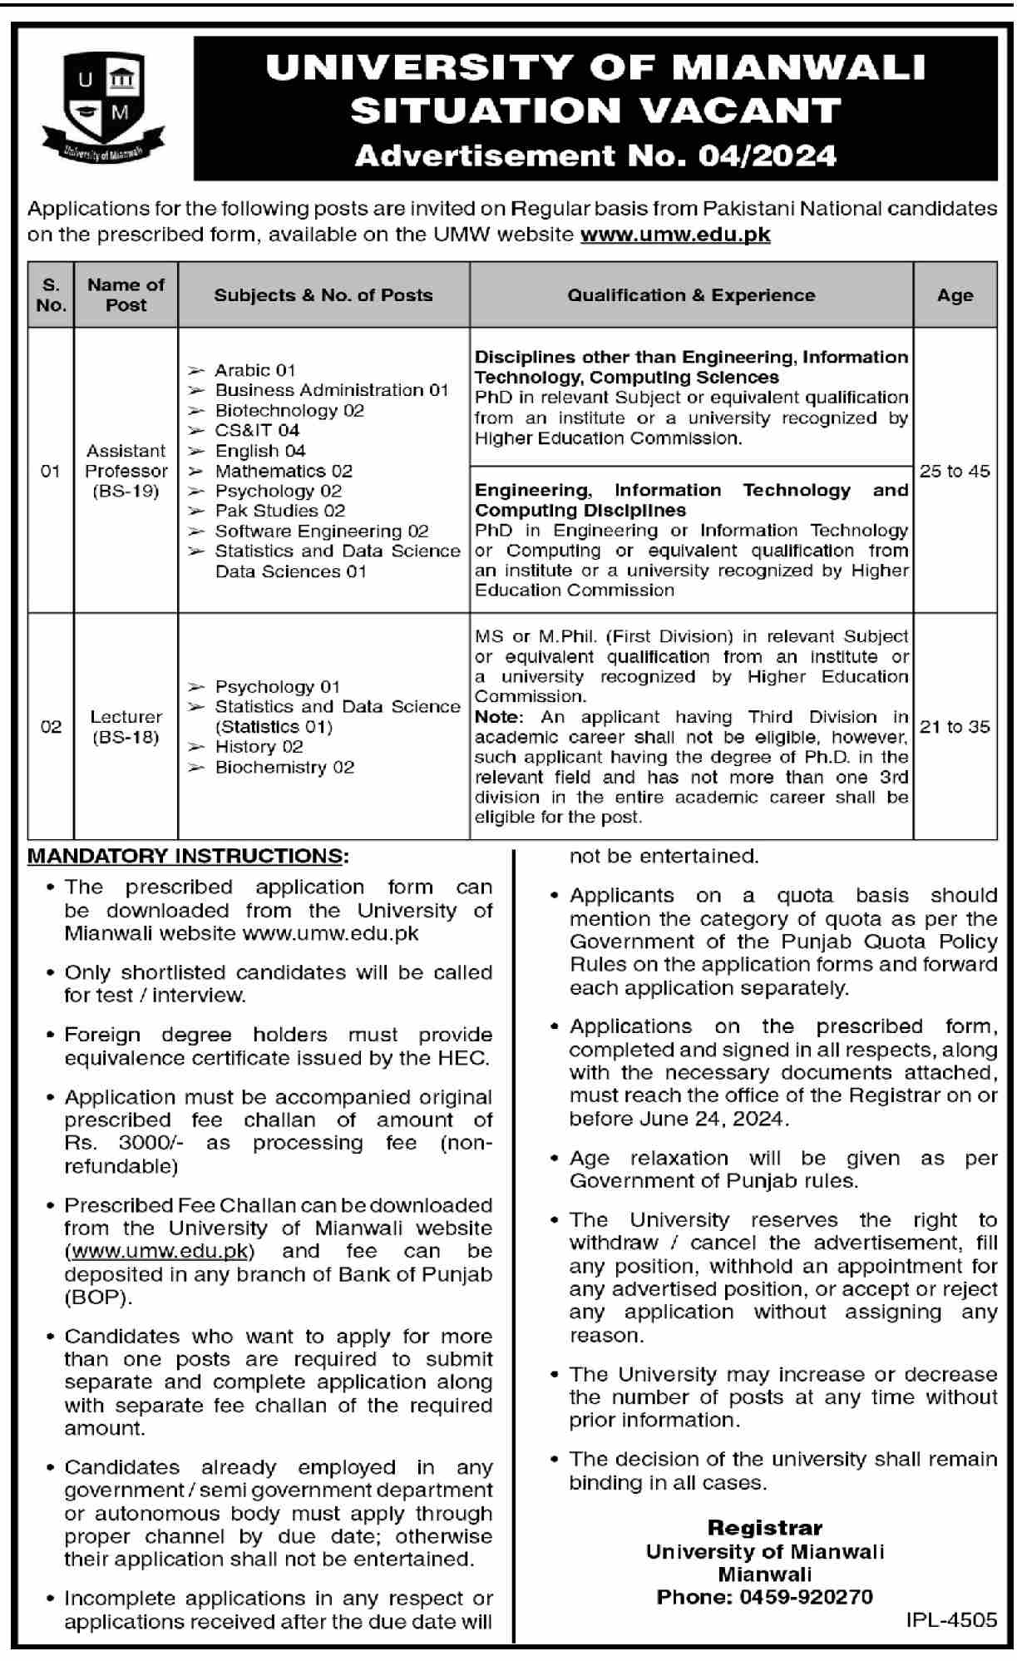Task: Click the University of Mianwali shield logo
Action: (x=102, y=104)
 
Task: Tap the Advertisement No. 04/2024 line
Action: (x=595, y=156)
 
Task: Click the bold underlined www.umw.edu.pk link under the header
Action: (x=675, y=235)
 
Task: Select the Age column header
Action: (x=955, y=295)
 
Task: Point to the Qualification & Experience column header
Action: (x=691, y=295)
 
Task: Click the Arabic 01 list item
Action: (x=254, y=370)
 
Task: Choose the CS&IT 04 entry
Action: (x=256, y=430)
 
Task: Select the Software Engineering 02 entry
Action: (x=321, y=531)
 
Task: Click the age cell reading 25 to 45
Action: (x=955, y=471)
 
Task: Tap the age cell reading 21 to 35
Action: (x=955, y=726)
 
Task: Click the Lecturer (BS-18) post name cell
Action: (x=126, y=726)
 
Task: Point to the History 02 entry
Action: (x=259, y=747)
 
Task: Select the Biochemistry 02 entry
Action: (x=284, y=767)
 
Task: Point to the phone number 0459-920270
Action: (x=806, y=1597)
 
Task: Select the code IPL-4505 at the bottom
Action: (x=951, y=1619)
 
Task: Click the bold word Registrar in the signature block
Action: (x=764, y=1527)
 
